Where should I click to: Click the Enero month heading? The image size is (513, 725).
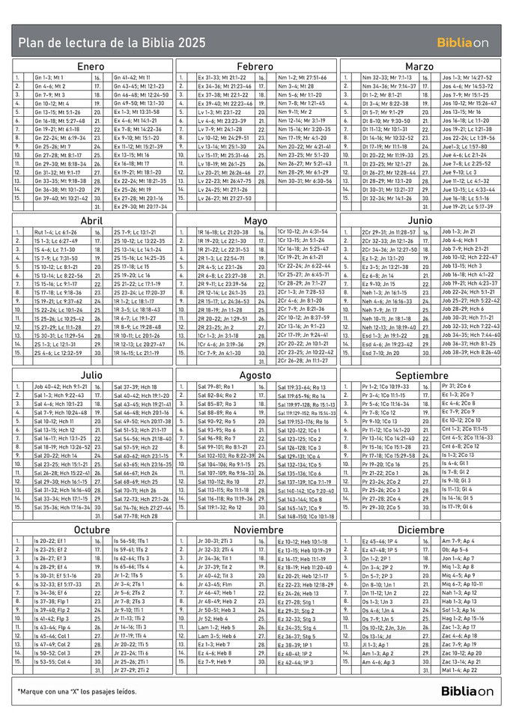pos(91,66)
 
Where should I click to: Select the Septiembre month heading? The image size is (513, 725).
pos(421,375)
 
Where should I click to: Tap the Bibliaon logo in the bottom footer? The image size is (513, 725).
pos(467,691)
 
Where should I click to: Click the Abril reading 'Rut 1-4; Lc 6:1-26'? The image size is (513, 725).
pos(55,232)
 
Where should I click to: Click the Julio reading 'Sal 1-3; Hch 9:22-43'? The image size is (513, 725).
pos(59,395)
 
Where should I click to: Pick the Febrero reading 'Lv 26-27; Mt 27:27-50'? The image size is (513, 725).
pos(225,198)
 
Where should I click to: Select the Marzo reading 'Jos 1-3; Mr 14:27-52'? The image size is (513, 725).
pos(467,77)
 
